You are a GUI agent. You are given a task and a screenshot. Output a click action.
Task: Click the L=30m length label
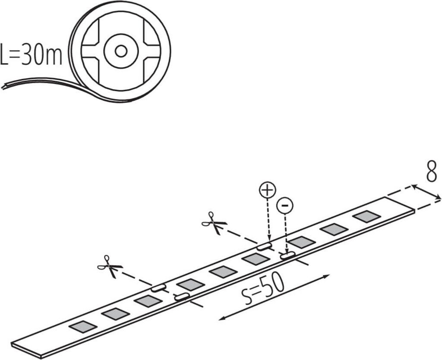(32, 54)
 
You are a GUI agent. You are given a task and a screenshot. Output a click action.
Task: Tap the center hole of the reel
(120, 51)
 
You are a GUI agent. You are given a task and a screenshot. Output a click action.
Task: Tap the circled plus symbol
(267, 190)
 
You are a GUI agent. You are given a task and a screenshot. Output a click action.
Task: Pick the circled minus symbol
(284, 206)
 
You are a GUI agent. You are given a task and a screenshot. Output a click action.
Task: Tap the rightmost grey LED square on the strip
(366, 216)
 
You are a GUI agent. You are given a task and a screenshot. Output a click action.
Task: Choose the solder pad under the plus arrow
(264, 246)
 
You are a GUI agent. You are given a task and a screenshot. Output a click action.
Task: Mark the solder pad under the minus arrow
(287, 256)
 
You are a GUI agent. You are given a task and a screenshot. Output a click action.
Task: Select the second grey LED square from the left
(116, 314)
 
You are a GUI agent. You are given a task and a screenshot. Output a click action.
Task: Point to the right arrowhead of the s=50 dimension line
(328, 275)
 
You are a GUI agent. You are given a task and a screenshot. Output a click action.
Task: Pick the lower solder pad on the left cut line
(181, 297)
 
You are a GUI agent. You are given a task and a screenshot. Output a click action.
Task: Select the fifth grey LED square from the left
(223, 272)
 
